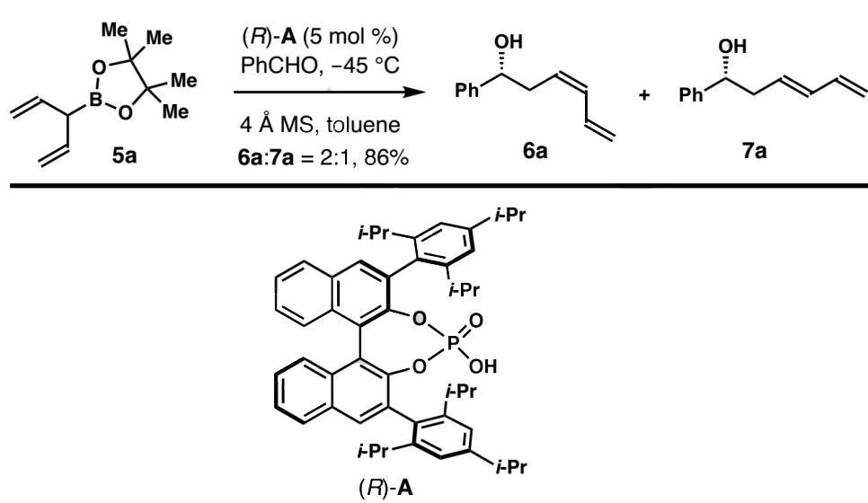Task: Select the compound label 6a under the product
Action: (x=537, y=154)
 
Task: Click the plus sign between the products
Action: (x=644, y=95)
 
